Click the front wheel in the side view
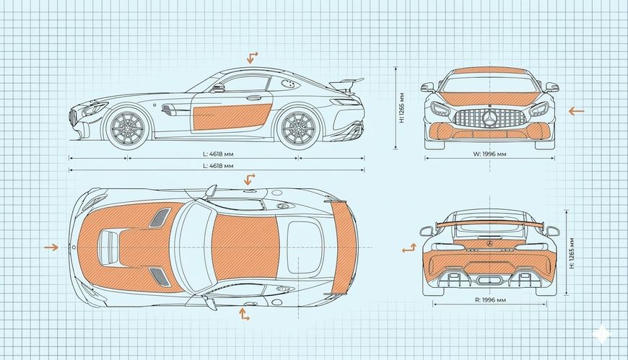pos(126,128)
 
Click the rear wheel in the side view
pos(297,127)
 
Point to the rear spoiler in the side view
pos(347,81)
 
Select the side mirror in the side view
pos(218,88)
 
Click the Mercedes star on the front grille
pos(491,118)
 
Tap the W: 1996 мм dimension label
pos(490,153)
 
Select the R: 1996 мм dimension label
pos(490,299)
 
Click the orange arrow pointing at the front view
pos(575,111)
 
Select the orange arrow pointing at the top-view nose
pos(51,247)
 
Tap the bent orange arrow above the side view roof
pos(253,58)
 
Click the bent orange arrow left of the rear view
pos(409,248)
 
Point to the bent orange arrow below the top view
pos(245,314)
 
